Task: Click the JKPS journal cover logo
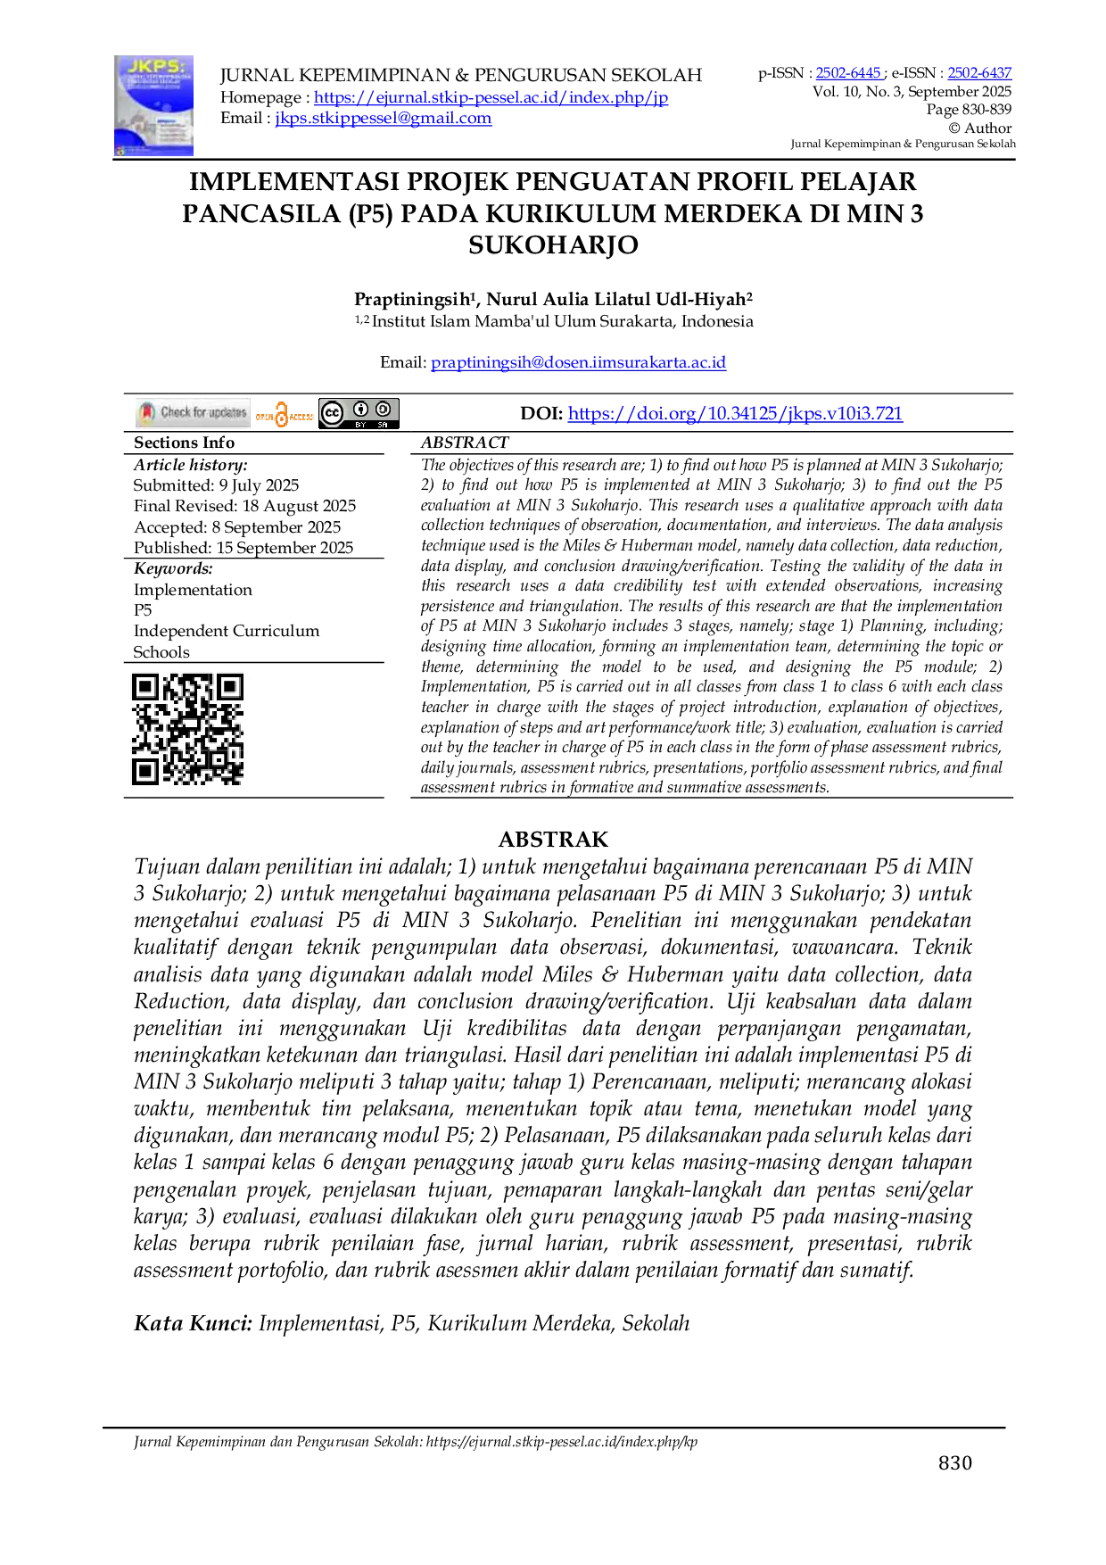click(x=153, y=106)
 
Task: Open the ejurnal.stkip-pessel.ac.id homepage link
click(x=491, y=97)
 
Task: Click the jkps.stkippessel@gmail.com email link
click(x=384, y=118)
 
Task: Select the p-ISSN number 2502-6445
click(x=848, y=73)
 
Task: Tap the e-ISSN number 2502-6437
click(x=979, y=73)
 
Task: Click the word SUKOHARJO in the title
click(x=553, y=245)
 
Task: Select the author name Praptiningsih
click(x=416, y=299)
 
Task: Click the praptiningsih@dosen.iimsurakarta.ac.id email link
click(x=578, y=362)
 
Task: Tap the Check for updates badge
click(x=193, y=412)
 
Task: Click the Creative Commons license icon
click(x=359, y=413)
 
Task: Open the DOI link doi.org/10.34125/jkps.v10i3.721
click(x=735, y=413)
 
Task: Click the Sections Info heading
click(x=184, y=443)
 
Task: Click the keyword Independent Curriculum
click(x=227, y=631)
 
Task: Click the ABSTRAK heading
click(x=553, y=840)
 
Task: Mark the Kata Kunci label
click(x=193, y=1323)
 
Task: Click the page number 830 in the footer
click(x=955, y=1462)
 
